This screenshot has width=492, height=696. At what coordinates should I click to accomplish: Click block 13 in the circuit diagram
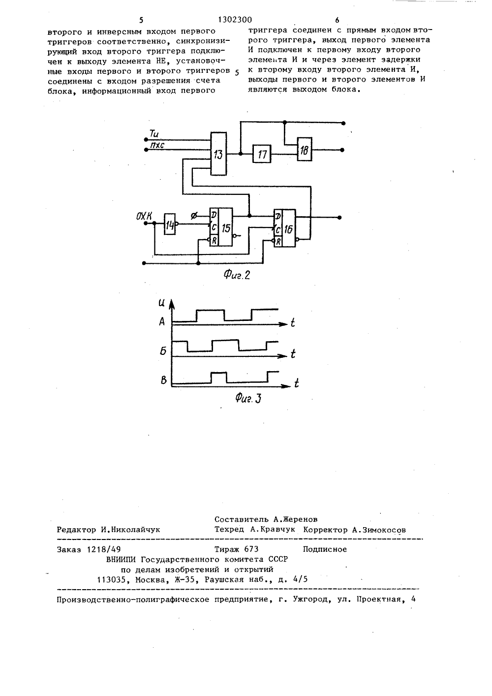click(x=218, y=154)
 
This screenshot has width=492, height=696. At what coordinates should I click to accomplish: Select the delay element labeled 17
click(x=262, y=154)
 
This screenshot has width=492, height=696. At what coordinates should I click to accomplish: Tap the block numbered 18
click(x=305, y=149)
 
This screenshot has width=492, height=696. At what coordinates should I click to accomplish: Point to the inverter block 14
click(x=170, y=224)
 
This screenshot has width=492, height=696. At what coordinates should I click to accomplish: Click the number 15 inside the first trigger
click(x=226, y=228)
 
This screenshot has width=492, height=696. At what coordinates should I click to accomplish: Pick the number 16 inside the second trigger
click(x=288, y=229)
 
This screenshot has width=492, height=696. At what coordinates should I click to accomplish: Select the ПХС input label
click(x=157, y=145)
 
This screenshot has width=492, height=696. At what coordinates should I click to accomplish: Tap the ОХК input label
click(x=144, y=216)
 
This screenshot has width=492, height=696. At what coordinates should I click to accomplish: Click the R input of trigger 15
click(x=214, y=240)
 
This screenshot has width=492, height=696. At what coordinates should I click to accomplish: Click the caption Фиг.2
click(x=237, y=275)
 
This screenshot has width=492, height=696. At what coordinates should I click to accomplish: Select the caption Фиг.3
click(x=248, y=398)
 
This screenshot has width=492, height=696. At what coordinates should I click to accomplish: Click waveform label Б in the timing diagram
click(x=163, y=351)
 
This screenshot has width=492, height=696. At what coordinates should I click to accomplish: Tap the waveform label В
click(x=164, y=380)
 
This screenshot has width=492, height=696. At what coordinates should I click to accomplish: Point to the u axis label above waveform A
click(x=161, y=303)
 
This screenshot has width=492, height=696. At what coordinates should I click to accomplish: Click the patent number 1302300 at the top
click(x=235, y=20)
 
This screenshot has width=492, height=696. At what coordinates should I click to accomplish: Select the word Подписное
click(x=325, y=549)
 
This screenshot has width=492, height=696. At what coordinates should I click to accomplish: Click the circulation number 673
click(x=251, y=549)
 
